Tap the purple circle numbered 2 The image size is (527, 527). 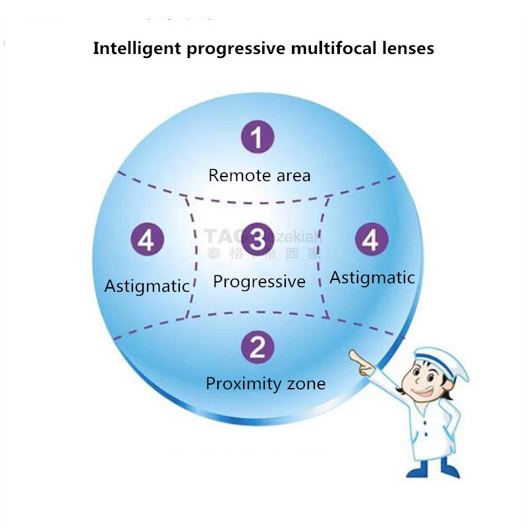point(258,347)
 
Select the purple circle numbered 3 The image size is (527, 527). point(258,238)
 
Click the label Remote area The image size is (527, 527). point(259,175)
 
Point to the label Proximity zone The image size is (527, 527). point(265,383)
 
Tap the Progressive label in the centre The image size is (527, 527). point(259,282)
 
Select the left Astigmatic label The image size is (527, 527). point(147,287)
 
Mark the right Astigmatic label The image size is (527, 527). point(372,277)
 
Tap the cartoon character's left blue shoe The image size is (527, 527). point(417,468)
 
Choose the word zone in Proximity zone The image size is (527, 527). point(304,383)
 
